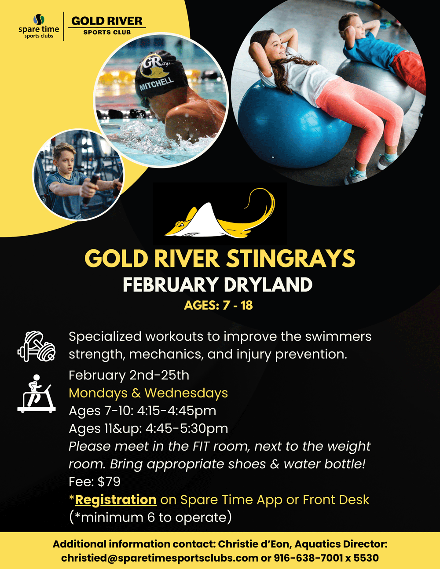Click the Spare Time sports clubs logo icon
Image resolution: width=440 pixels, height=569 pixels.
tap(39, 19)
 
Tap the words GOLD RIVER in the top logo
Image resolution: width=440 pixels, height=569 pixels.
tap(107, 21)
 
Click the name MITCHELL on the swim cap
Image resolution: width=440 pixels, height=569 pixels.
tap(157, 84)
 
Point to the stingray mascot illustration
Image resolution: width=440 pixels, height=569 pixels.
tap(220, 213)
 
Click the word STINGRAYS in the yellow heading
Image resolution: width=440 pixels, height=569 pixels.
tap(290, 259)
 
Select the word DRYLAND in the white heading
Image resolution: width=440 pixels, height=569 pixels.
tap(268, 284)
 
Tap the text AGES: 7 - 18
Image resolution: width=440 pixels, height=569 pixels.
tap(218, 305)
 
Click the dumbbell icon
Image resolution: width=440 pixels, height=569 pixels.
tap(37, 346)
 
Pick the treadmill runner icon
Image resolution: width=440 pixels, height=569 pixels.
tap(37, 394)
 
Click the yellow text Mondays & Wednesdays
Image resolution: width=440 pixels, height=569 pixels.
tap(148, 393)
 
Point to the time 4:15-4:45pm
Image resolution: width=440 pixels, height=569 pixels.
tap(177, 411)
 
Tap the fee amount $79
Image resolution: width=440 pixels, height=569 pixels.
tap(109, 481)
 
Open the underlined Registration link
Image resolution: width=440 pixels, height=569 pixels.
tap(116, 500)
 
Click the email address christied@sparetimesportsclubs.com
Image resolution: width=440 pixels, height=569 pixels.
tap(159, 558)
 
